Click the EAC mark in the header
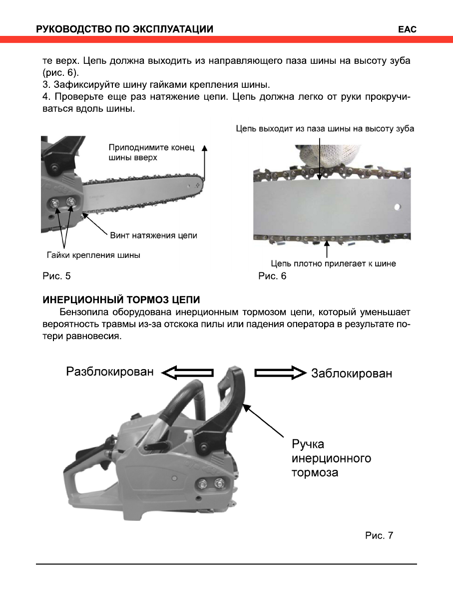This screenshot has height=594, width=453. [x=407, y=29]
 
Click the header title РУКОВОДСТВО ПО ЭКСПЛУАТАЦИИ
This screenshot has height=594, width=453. [x=124, y=29]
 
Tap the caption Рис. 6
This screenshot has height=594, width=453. [x=272, y=276]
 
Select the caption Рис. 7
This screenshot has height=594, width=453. [x=379, y=536]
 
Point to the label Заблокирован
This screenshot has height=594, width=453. [x=352, y=373]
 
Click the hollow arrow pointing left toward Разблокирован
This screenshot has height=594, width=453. [x=187, y=373]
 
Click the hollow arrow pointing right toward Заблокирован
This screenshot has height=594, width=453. [x=280, y=373]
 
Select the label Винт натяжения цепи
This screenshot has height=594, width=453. [x=153, y=235]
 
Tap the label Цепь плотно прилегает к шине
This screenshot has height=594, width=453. [x=333, y=263]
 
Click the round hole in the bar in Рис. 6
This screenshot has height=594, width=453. [x=397, y=206]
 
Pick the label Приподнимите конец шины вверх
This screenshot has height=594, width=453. [x=150, y=152]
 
